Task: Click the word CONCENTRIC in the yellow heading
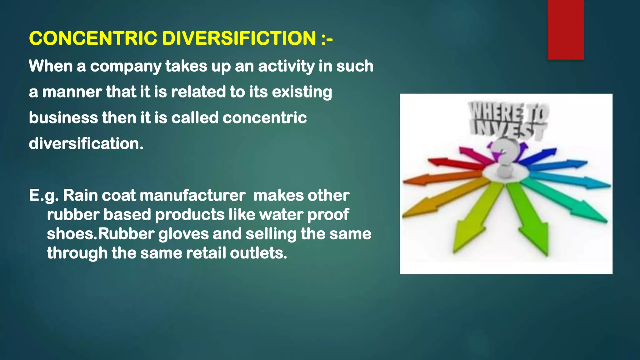point(93,38)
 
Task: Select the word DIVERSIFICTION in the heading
point(239,38)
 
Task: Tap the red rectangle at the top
point(566,30)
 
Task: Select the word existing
point(302,92)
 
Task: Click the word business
point(63,118)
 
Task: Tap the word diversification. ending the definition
point(86,144)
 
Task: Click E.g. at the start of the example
point(44,196)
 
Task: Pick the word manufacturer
point(192,196)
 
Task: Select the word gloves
point(183,234)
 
